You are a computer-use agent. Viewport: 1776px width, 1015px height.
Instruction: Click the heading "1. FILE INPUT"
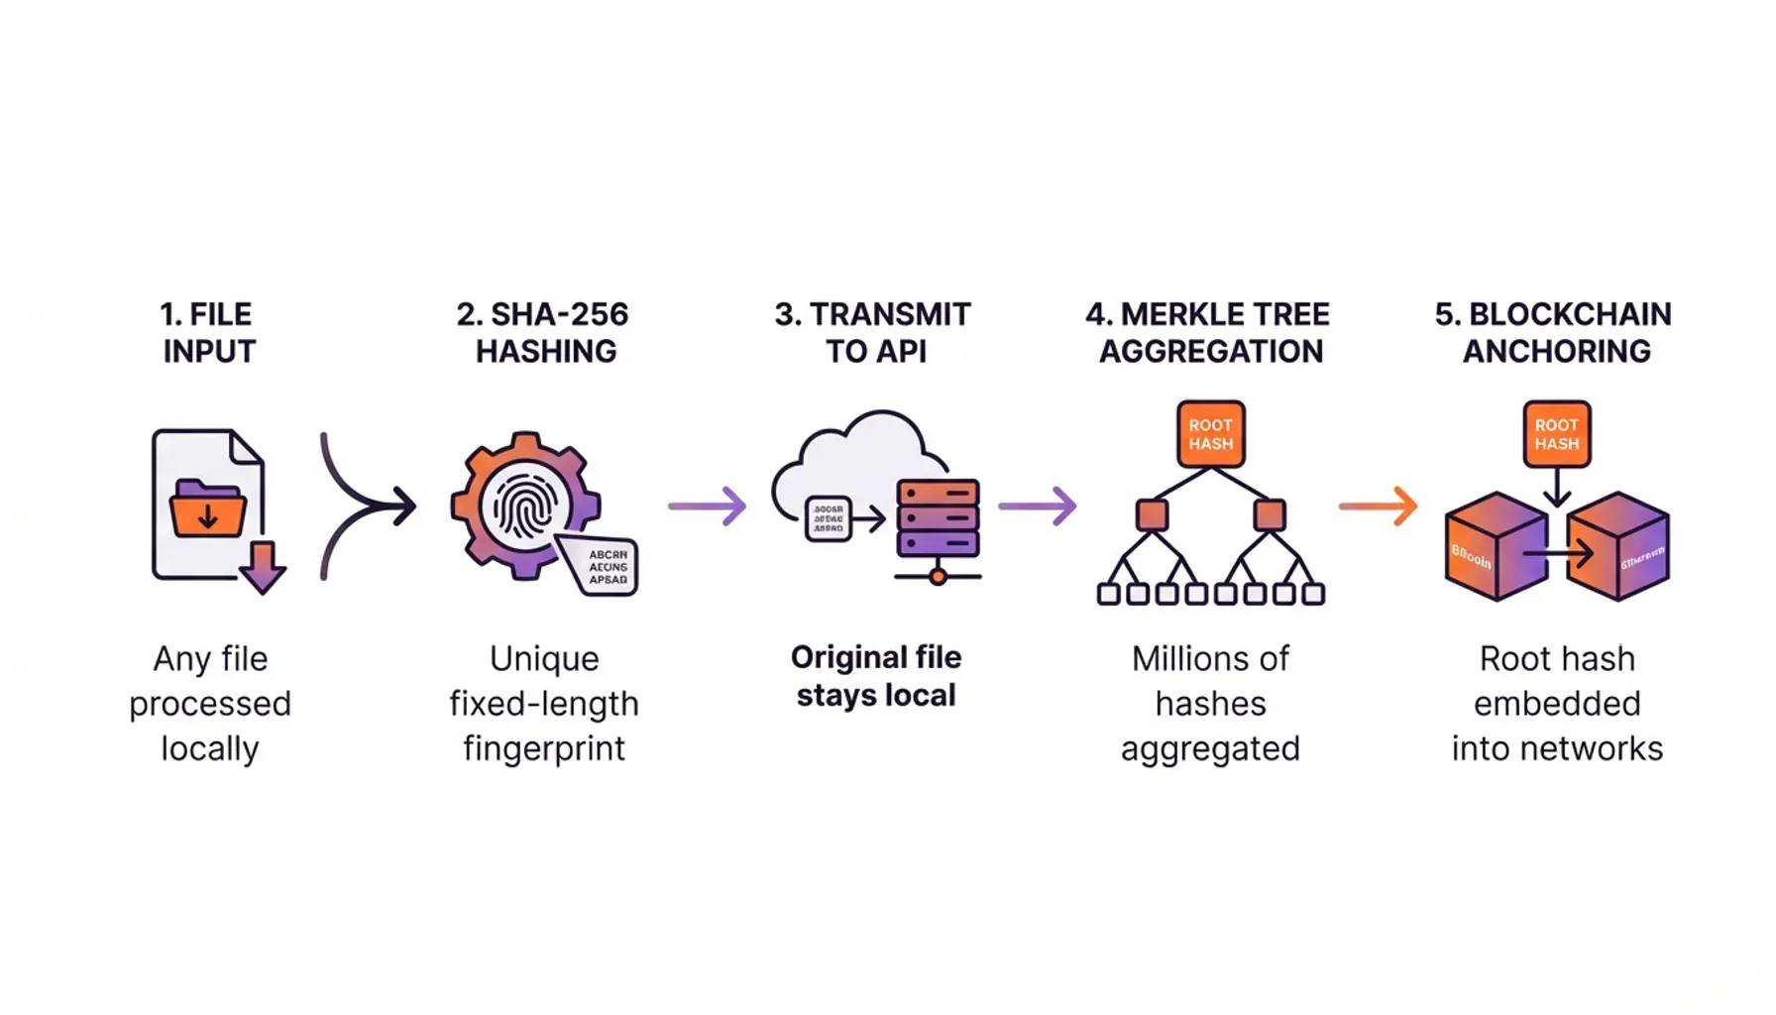(208, 333)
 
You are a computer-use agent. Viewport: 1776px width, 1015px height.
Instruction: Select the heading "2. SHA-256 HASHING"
(543, 333)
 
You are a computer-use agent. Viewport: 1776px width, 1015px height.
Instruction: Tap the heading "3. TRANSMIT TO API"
(873, 333)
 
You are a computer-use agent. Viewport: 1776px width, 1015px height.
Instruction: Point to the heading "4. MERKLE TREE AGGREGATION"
(1208, 333)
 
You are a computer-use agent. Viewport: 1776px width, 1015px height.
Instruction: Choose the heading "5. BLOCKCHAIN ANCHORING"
(1554, 333)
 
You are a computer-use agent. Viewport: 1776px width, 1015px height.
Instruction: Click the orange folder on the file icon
(208, 508)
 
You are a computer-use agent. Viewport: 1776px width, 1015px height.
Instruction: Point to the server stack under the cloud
(938, 517)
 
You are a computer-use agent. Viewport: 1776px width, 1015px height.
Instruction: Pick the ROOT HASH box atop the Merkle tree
(1210, 434)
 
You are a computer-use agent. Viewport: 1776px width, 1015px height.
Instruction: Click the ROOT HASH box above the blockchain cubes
(1556, 434)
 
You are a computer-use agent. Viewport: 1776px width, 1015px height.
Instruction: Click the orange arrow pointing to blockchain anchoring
(1379, 507)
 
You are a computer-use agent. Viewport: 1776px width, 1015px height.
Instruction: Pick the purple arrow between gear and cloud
(707, 507)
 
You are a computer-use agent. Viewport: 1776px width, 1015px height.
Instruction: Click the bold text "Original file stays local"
(876, 676)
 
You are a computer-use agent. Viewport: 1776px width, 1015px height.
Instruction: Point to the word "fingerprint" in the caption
(544, 748)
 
